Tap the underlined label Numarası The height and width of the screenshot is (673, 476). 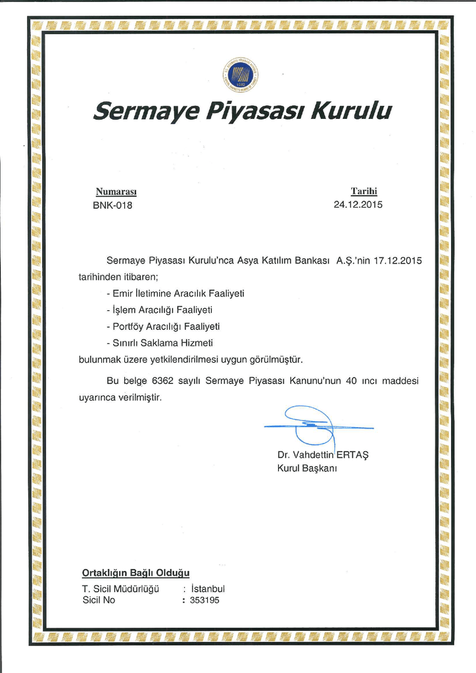click(116, 192)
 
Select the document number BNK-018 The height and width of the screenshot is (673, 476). click(112, 205)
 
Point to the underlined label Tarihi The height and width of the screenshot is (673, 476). click(364, 191)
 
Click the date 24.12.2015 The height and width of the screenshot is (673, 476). click(358, 204)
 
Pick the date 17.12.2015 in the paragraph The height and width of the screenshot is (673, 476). click(397, 260)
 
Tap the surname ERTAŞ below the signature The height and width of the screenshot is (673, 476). click(352, 455)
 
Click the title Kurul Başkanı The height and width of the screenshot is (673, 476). click(307, 468)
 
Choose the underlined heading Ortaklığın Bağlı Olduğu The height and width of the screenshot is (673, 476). click(135, 572)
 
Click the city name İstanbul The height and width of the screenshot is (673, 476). click(207, 589)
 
